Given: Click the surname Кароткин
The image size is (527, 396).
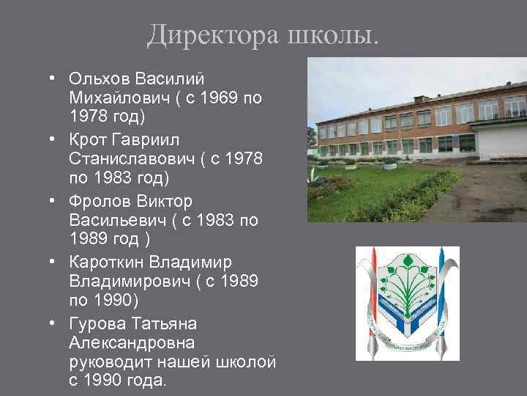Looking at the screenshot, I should tap(105, 261).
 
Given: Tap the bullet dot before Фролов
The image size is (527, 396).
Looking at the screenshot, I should tap(54, 200).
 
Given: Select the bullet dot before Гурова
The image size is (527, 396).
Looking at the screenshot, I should tap(54, 323).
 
